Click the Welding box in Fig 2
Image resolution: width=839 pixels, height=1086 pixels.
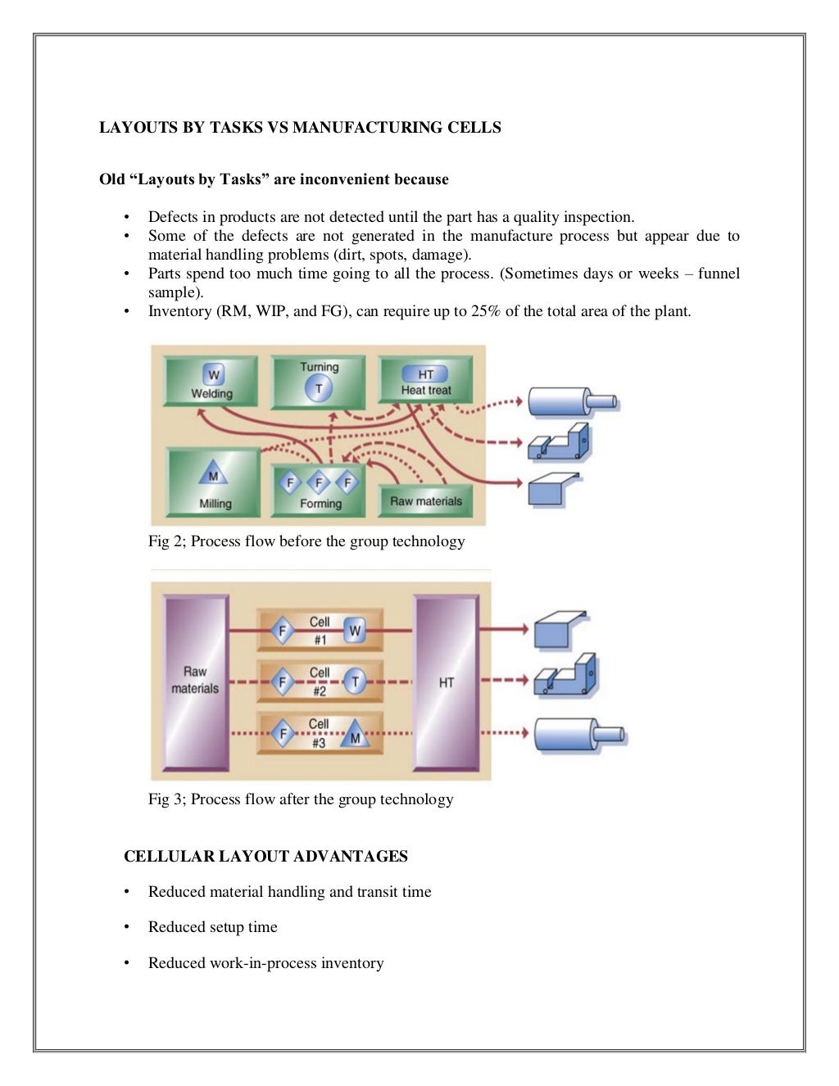tap(211, 382)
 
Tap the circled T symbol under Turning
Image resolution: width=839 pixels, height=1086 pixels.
tap(319, 389)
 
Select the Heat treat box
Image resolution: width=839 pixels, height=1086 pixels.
tap(425, 382)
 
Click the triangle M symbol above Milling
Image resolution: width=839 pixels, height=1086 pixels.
tap(213, 475)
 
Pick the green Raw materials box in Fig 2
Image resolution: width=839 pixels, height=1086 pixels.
tap(425, 500)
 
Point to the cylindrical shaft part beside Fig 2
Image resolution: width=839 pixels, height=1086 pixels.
tap(572, 401)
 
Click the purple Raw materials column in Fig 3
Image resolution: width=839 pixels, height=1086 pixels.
tap(195, 681)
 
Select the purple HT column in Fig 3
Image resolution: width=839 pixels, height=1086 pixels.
tap(446, 681)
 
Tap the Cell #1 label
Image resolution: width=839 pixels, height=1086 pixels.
tap(319, 630)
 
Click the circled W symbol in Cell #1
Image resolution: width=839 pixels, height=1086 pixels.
tap(355, 631)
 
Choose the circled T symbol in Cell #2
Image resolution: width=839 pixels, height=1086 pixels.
tap(355, 681)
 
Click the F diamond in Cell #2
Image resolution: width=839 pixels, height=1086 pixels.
tap(283, 681)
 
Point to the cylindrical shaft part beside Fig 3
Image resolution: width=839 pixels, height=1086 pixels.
tap(579, 734)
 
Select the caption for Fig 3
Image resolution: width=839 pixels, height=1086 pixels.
tap(301, 799)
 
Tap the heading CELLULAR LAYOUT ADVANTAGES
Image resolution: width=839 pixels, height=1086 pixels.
tap(265, 857)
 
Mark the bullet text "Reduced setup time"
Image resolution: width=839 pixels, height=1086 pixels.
tap(212, 927)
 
